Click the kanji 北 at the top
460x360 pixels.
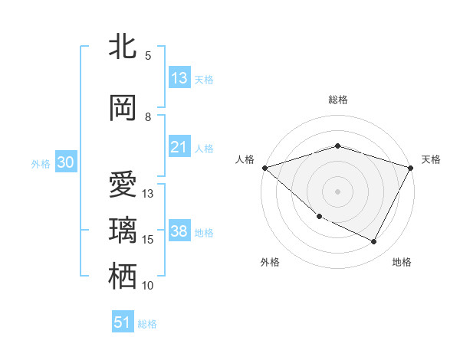click(123, 47)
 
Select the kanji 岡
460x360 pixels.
click(123, 109)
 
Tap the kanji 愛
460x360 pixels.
click(123, 186)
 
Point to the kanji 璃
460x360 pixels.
click(123, 231)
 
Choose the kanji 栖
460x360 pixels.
click(123, 277)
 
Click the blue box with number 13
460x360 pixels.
click(179, 78)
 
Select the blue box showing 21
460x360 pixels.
click(179, 147)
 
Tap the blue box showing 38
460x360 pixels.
click(179, 231)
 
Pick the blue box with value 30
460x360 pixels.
click(65, 162)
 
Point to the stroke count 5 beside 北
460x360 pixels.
click(148, 56)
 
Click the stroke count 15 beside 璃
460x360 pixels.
click(148, 240)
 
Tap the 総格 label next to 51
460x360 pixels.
click(147, 324)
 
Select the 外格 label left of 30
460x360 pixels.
click(40, 163)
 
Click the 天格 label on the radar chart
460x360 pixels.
click(431, 159)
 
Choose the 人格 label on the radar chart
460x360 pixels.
click(245, 159)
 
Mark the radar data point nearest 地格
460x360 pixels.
click(374, 242)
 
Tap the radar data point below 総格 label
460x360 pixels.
click(337, 146)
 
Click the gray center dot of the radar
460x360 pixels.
click(337, 191)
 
